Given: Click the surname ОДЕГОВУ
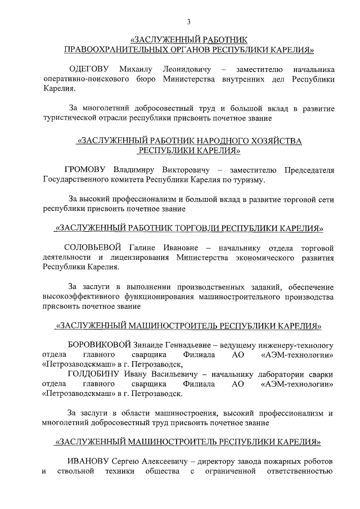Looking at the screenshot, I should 90,69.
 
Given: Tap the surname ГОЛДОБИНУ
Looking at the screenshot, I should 95,374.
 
